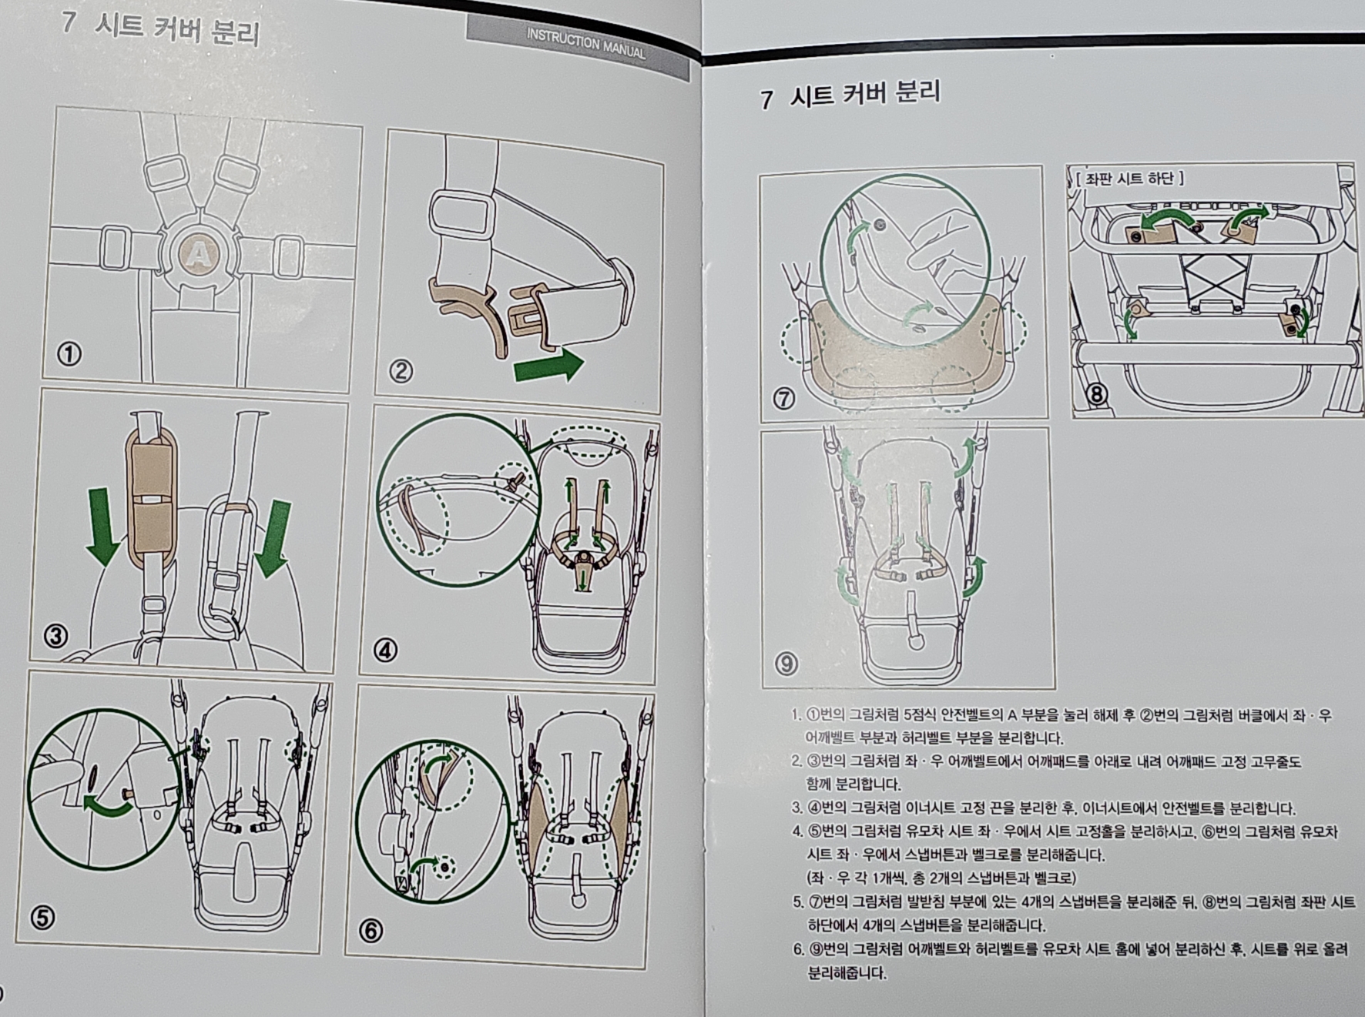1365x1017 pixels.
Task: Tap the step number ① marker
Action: pos(69,354)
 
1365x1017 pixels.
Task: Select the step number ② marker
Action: pos(401,372)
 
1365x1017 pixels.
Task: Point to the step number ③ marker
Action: pos(55,636)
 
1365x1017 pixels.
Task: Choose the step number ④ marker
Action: pos(385,651)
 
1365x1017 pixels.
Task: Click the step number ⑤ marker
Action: pos(42,917)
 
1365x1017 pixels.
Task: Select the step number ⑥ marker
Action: pos(371,931)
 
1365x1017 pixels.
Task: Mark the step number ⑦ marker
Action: pos(784,399)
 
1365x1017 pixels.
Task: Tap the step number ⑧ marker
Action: pos(1095,395)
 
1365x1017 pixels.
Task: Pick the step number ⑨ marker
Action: pos(786,663)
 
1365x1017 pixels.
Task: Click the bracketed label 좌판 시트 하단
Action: pos(1129,179)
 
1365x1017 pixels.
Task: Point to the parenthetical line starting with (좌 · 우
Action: pos(941,878)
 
